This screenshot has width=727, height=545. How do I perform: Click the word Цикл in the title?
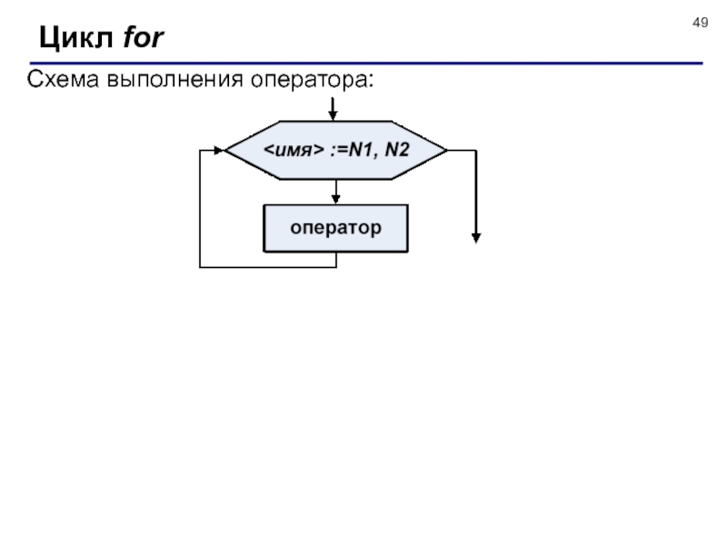click(x=76, y=37)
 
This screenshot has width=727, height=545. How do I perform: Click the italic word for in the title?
click(x=144, y=37)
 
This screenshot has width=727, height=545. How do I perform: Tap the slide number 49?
click(x=700, y=23)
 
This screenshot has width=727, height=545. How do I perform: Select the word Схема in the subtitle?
click(x=63, y=79)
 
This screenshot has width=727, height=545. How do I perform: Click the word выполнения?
click(x=175, y=80)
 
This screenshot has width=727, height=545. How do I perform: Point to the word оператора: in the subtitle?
click(x=312, y=80)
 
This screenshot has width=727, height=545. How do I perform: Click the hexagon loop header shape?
click(x=336, y=150)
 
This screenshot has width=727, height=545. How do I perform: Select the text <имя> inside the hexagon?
click(x=294, y=150)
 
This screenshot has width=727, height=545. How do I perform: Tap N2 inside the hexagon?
click(x=397, y=150)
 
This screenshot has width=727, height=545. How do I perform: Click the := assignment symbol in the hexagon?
click(x=339, y=150)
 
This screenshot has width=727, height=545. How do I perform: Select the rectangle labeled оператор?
click(x=336, y=229)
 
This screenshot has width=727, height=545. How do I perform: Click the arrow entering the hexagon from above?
click(x=333, y=109)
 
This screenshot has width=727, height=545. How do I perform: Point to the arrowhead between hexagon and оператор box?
click(x=336, y=199)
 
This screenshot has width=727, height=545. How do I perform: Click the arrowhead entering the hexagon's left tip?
click(x=219, y=150)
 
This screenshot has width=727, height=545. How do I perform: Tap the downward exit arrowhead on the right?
click(x=476, y=238)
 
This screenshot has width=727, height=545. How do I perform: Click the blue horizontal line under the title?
click(x=366, y=63)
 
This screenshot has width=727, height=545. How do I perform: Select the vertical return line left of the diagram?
click(x=200, y=209)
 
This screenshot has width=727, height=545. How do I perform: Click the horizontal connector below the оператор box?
click(x=268, y=267)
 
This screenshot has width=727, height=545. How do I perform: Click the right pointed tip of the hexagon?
click(x=446, y=150)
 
